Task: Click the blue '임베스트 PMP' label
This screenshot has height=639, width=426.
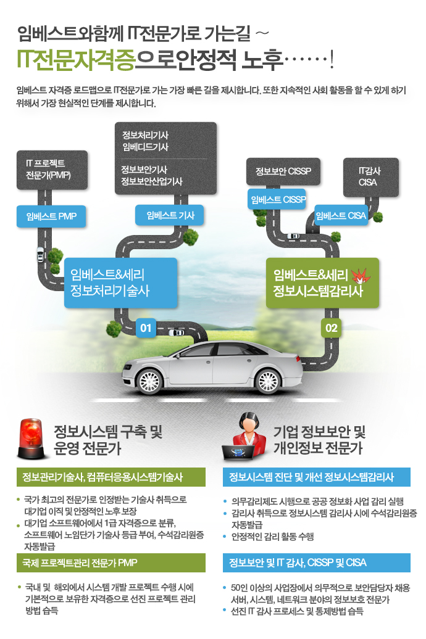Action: coord(51,216)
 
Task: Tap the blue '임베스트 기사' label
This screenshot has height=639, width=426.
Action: coord(170,216)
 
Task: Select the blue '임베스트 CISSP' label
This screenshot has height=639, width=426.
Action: coord(277,199)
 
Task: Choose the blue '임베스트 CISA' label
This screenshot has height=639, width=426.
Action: coord(341,216)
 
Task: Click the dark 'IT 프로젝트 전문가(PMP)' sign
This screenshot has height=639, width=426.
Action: coord(52,170)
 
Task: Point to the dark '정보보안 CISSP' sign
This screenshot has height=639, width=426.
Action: coord(283,171)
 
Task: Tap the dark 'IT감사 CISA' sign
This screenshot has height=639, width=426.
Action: coord(370,177)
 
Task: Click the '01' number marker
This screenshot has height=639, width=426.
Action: coord(146,328)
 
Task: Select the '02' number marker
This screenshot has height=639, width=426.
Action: coord(332,328)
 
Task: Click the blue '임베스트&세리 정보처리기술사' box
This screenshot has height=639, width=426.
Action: coord(121,283)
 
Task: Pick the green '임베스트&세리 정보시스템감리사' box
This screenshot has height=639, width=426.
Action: coord(322,283)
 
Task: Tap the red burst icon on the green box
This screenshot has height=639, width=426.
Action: coord(361,276)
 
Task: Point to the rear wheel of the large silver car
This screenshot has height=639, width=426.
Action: coord(268,381)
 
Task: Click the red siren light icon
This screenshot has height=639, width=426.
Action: coord(31,439)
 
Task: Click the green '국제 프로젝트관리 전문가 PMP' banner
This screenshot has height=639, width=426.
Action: coord(111,563)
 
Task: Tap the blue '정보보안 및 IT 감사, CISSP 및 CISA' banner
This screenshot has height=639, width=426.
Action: coord(317,563)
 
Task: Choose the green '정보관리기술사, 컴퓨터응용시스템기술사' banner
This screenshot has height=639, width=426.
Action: coord(111,477)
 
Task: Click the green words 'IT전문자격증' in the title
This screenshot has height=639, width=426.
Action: coord(76,60)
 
